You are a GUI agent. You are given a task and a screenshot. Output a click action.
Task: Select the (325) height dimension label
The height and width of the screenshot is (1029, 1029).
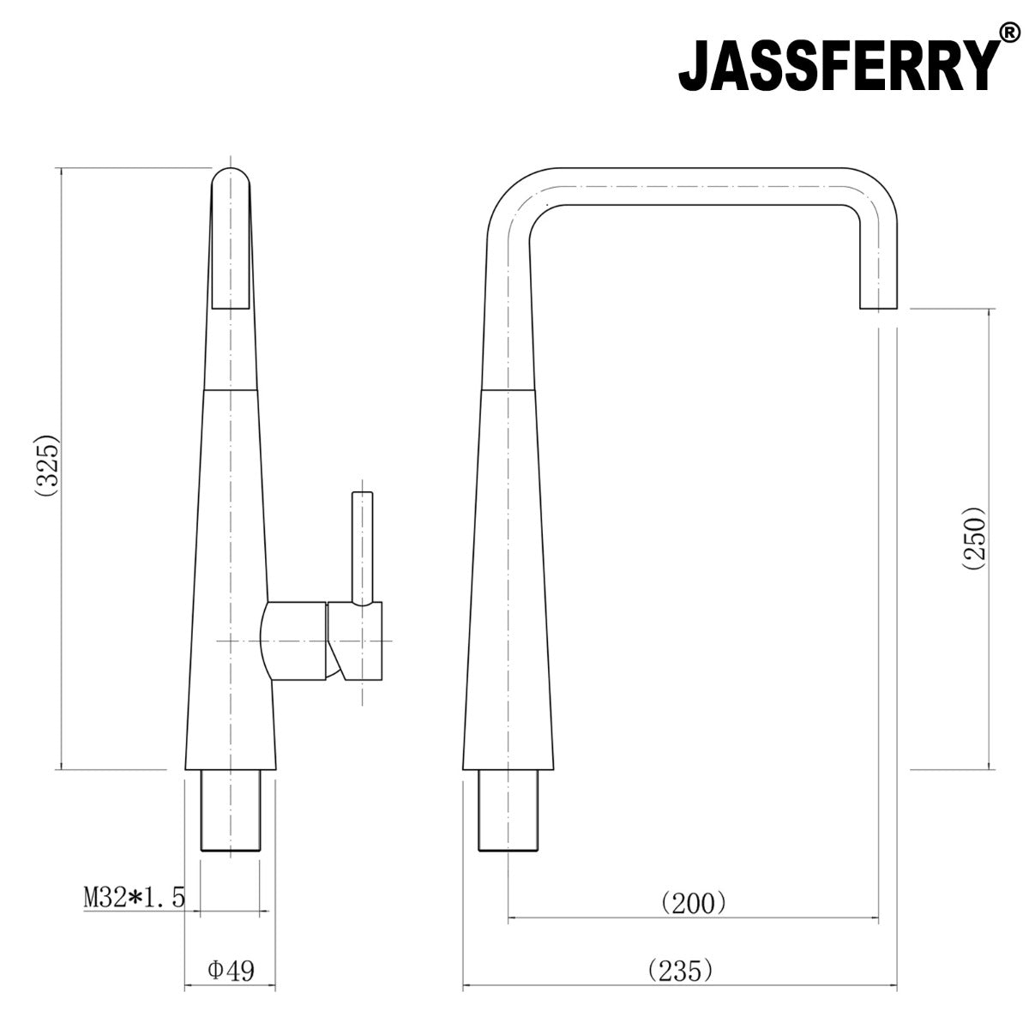point(46,467)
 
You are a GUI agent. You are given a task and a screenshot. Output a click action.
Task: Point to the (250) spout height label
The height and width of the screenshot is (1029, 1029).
point(975,539)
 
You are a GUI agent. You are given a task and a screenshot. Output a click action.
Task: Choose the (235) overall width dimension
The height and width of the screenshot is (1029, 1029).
point(680,971)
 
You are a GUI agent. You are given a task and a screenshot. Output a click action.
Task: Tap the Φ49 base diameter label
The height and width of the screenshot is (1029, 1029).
point(231,971)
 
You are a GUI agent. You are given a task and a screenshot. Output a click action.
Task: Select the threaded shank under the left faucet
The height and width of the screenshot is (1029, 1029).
point(230,809)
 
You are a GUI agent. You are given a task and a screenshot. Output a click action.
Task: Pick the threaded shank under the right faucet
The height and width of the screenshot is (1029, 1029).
point(508,809)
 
